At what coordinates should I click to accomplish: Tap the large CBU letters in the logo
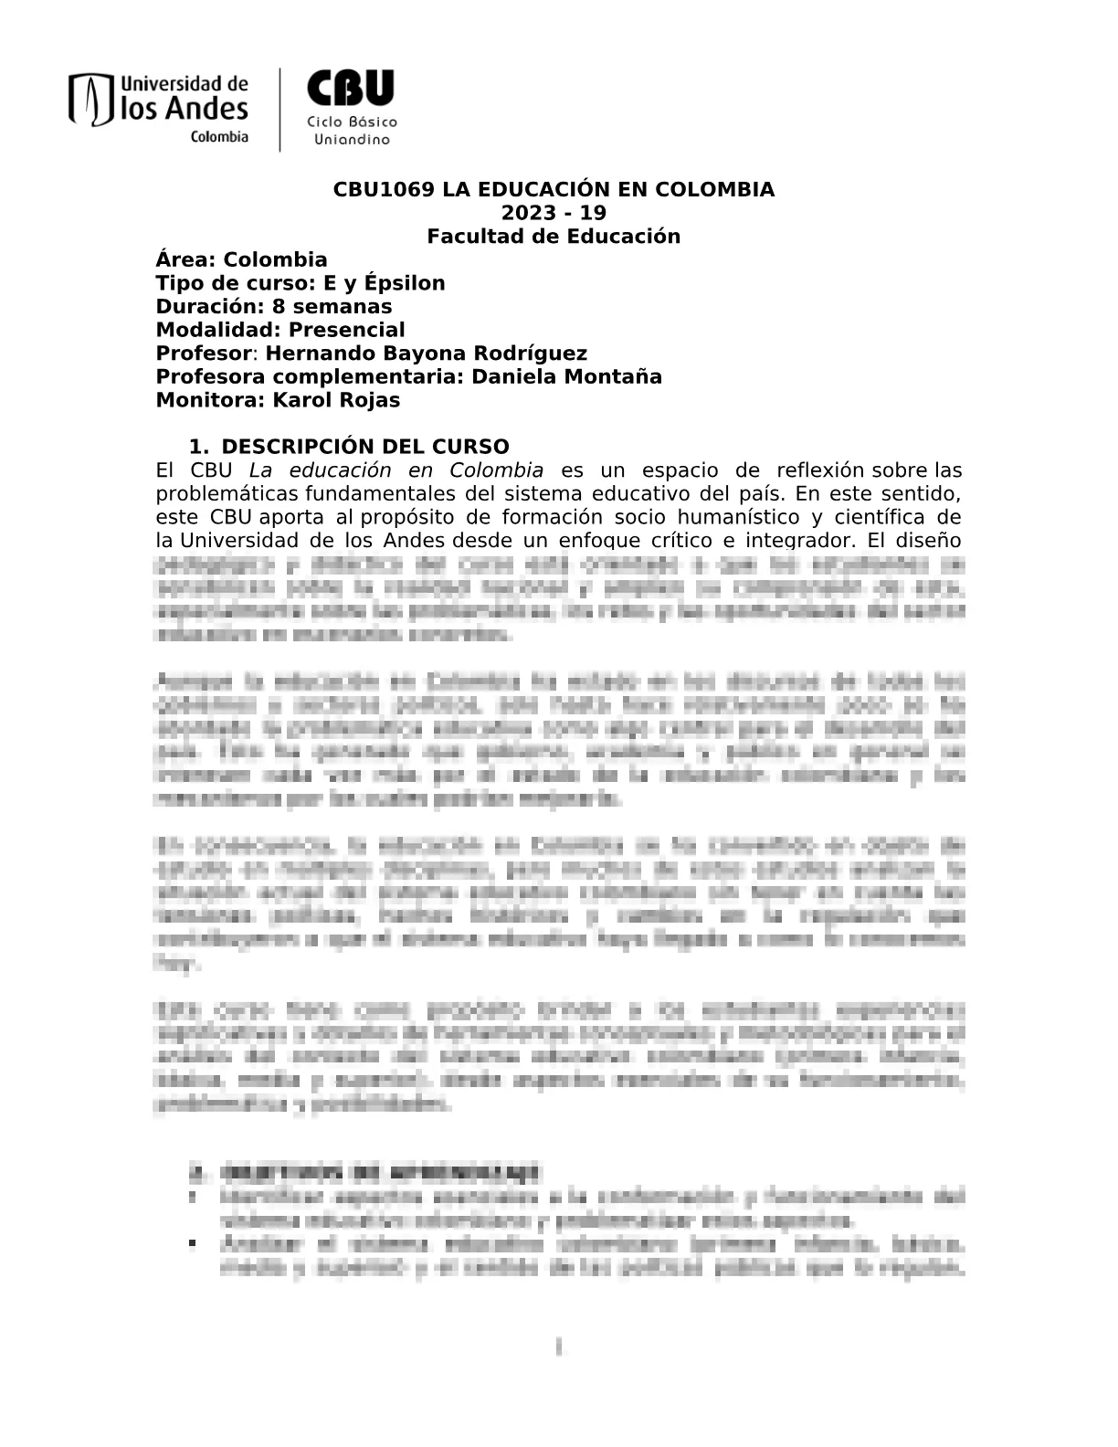351,90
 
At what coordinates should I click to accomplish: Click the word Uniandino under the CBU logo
352,140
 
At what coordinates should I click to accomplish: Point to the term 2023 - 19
554,213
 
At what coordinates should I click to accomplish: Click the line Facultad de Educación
554,237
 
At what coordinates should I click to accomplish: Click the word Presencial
347,330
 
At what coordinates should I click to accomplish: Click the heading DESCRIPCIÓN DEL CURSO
365,447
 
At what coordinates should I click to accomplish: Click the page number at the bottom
558,1347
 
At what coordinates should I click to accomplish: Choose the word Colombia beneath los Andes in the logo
219,137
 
